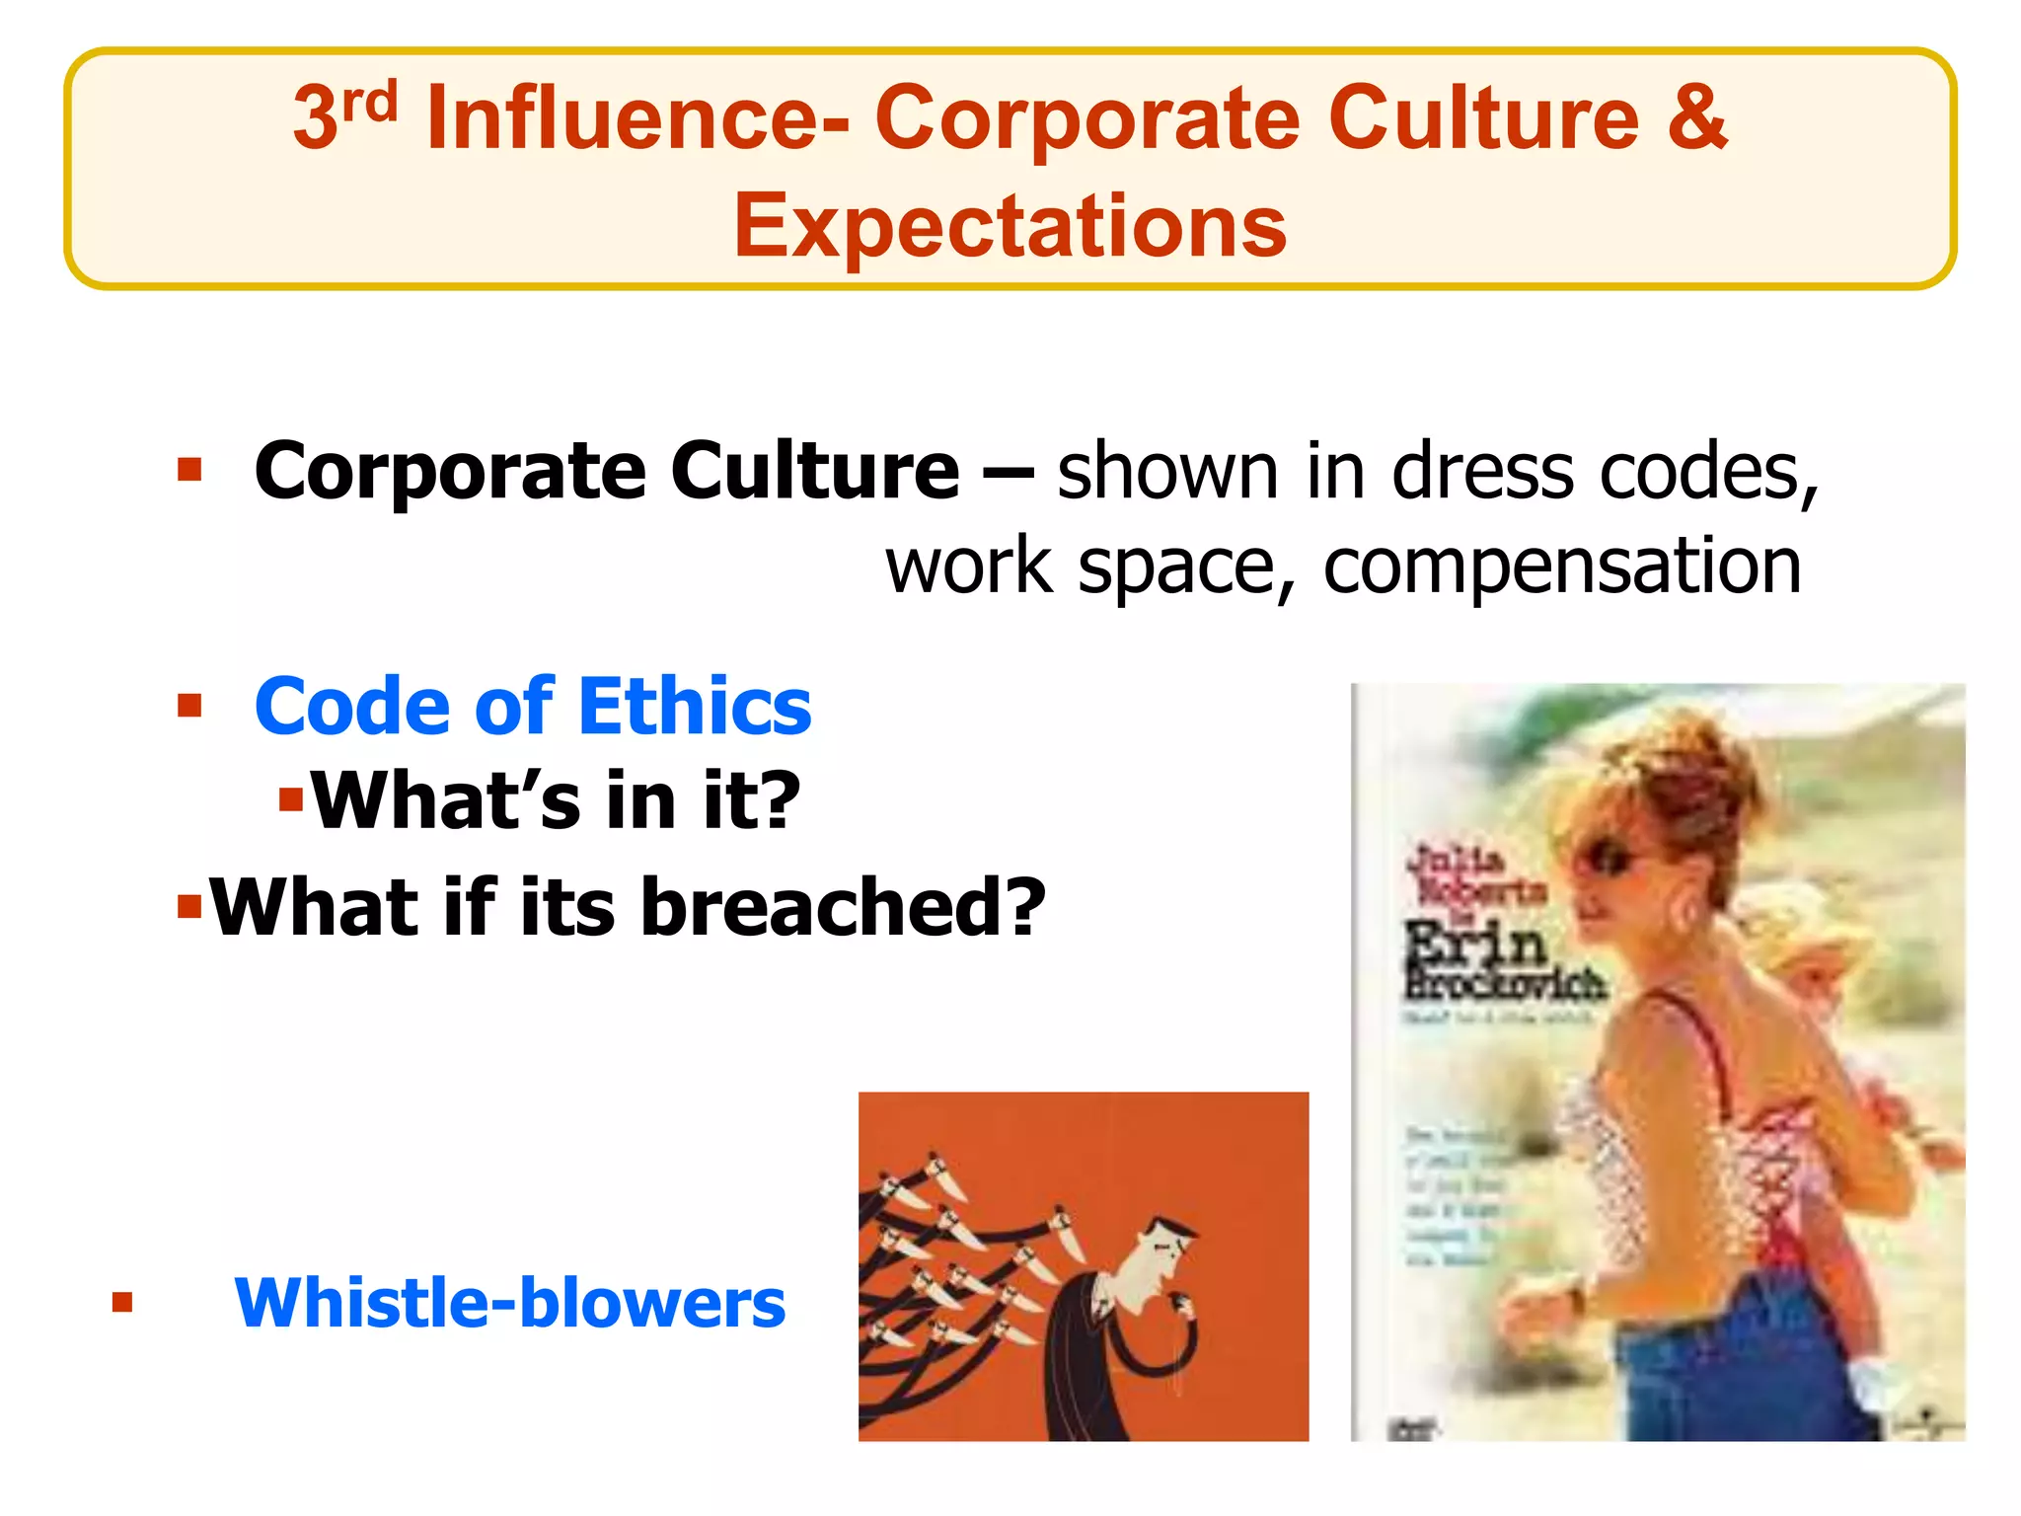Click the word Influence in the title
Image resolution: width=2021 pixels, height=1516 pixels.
coord(636,118)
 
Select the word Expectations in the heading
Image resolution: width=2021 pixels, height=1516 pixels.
coord(1010,226)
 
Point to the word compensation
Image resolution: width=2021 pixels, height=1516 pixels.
coord(1562,566)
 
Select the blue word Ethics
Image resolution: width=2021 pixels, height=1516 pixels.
coord(695,707)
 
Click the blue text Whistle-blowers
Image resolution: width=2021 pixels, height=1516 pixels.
coord(509,1303)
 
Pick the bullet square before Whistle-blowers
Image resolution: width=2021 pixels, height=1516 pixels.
coord(122,1303)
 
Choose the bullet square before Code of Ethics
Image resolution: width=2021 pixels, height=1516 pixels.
coord(189,706)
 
